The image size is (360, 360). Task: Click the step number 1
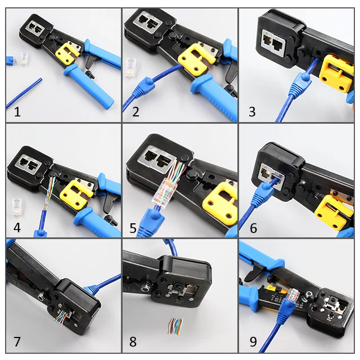(x=17, y=112)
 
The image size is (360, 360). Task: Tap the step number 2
(x=136, y=112)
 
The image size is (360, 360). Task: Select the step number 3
(x=252, y=112)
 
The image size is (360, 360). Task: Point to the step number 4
(x=17, y=228)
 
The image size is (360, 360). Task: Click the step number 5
(x=133, y=228)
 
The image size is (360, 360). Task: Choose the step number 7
(x=17, y=341)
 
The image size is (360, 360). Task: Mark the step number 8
(x=133, y=341)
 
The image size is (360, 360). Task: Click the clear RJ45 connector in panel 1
(x=25, y=57)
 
